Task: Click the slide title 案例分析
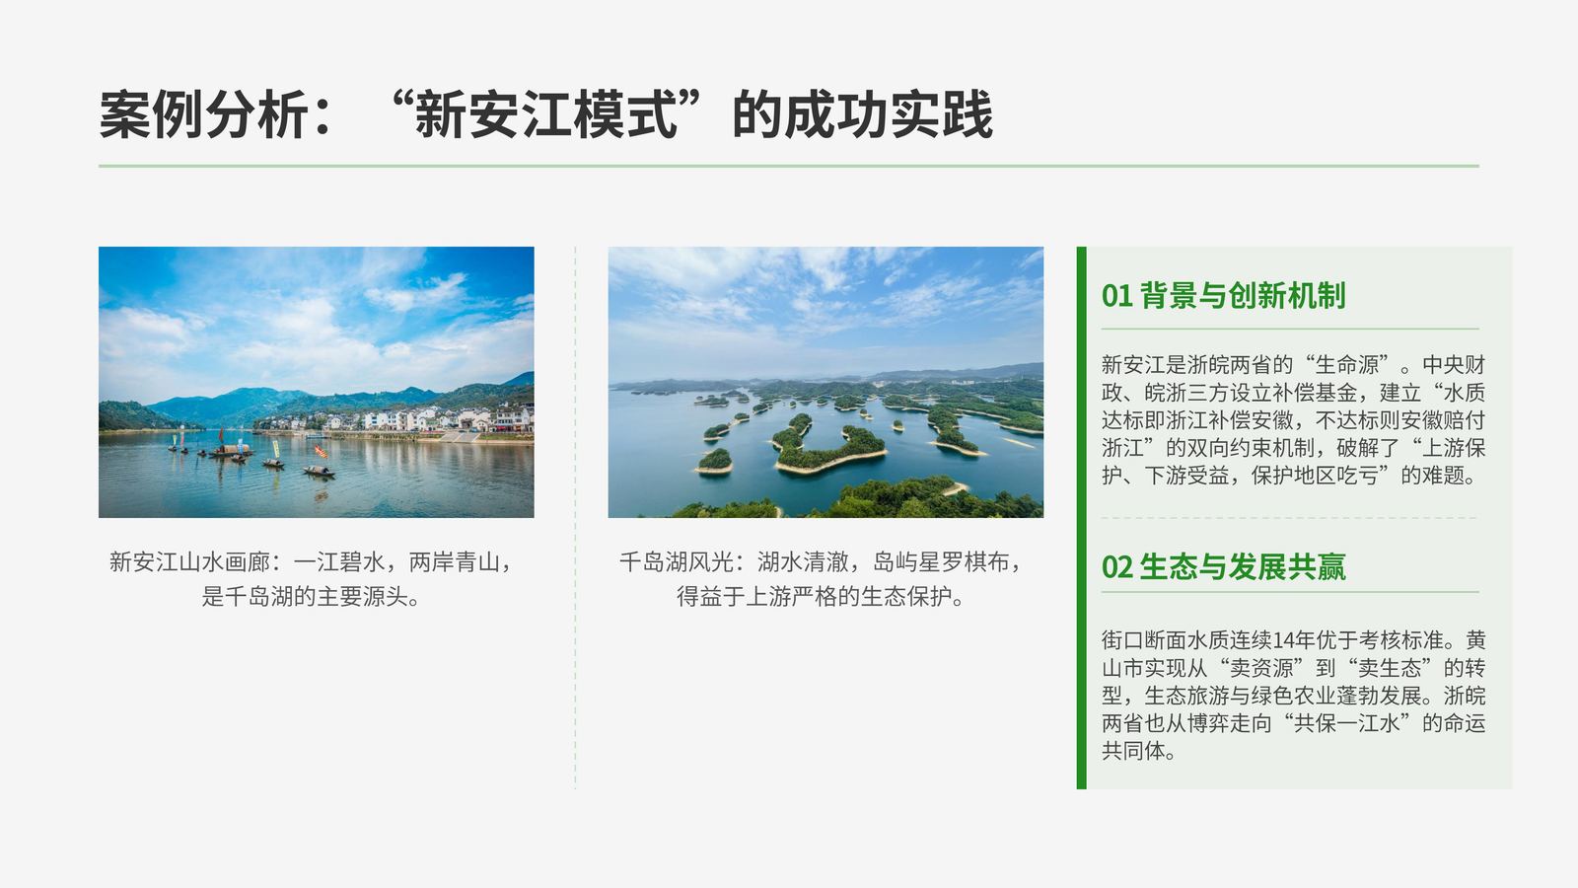[203, 114]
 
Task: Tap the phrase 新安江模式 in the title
[546, 114]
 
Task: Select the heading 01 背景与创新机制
[1224, 295]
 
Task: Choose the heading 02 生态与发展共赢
[1224, 566]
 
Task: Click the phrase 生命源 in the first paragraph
[1347, 365]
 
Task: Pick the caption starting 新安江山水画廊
[311, 579]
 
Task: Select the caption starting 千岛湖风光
[821, 579]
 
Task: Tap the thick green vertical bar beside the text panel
[1081, 518]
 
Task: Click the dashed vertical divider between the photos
[576, 518]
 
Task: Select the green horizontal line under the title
[788, 167]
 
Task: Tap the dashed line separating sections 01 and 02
[1289, 518]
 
